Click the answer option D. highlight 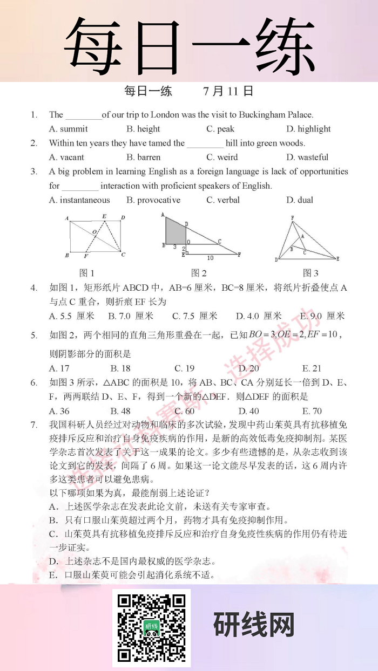click(x=308, y=129)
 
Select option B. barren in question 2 click(x=144, y=158)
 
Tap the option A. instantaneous click(x=79, y=200)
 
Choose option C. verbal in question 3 click(x=223, y=200)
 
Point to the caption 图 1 click(x=87, y=273)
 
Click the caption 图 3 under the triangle click(x=310, y=273)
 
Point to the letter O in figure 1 click(x=94, y=232)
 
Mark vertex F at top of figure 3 click(x=292, y=217)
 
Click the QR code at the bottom click(x=151, y=627)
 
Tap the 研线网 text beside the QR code click(x=254, y=626)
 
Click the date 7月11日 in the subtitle click(x=228, y=91)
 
